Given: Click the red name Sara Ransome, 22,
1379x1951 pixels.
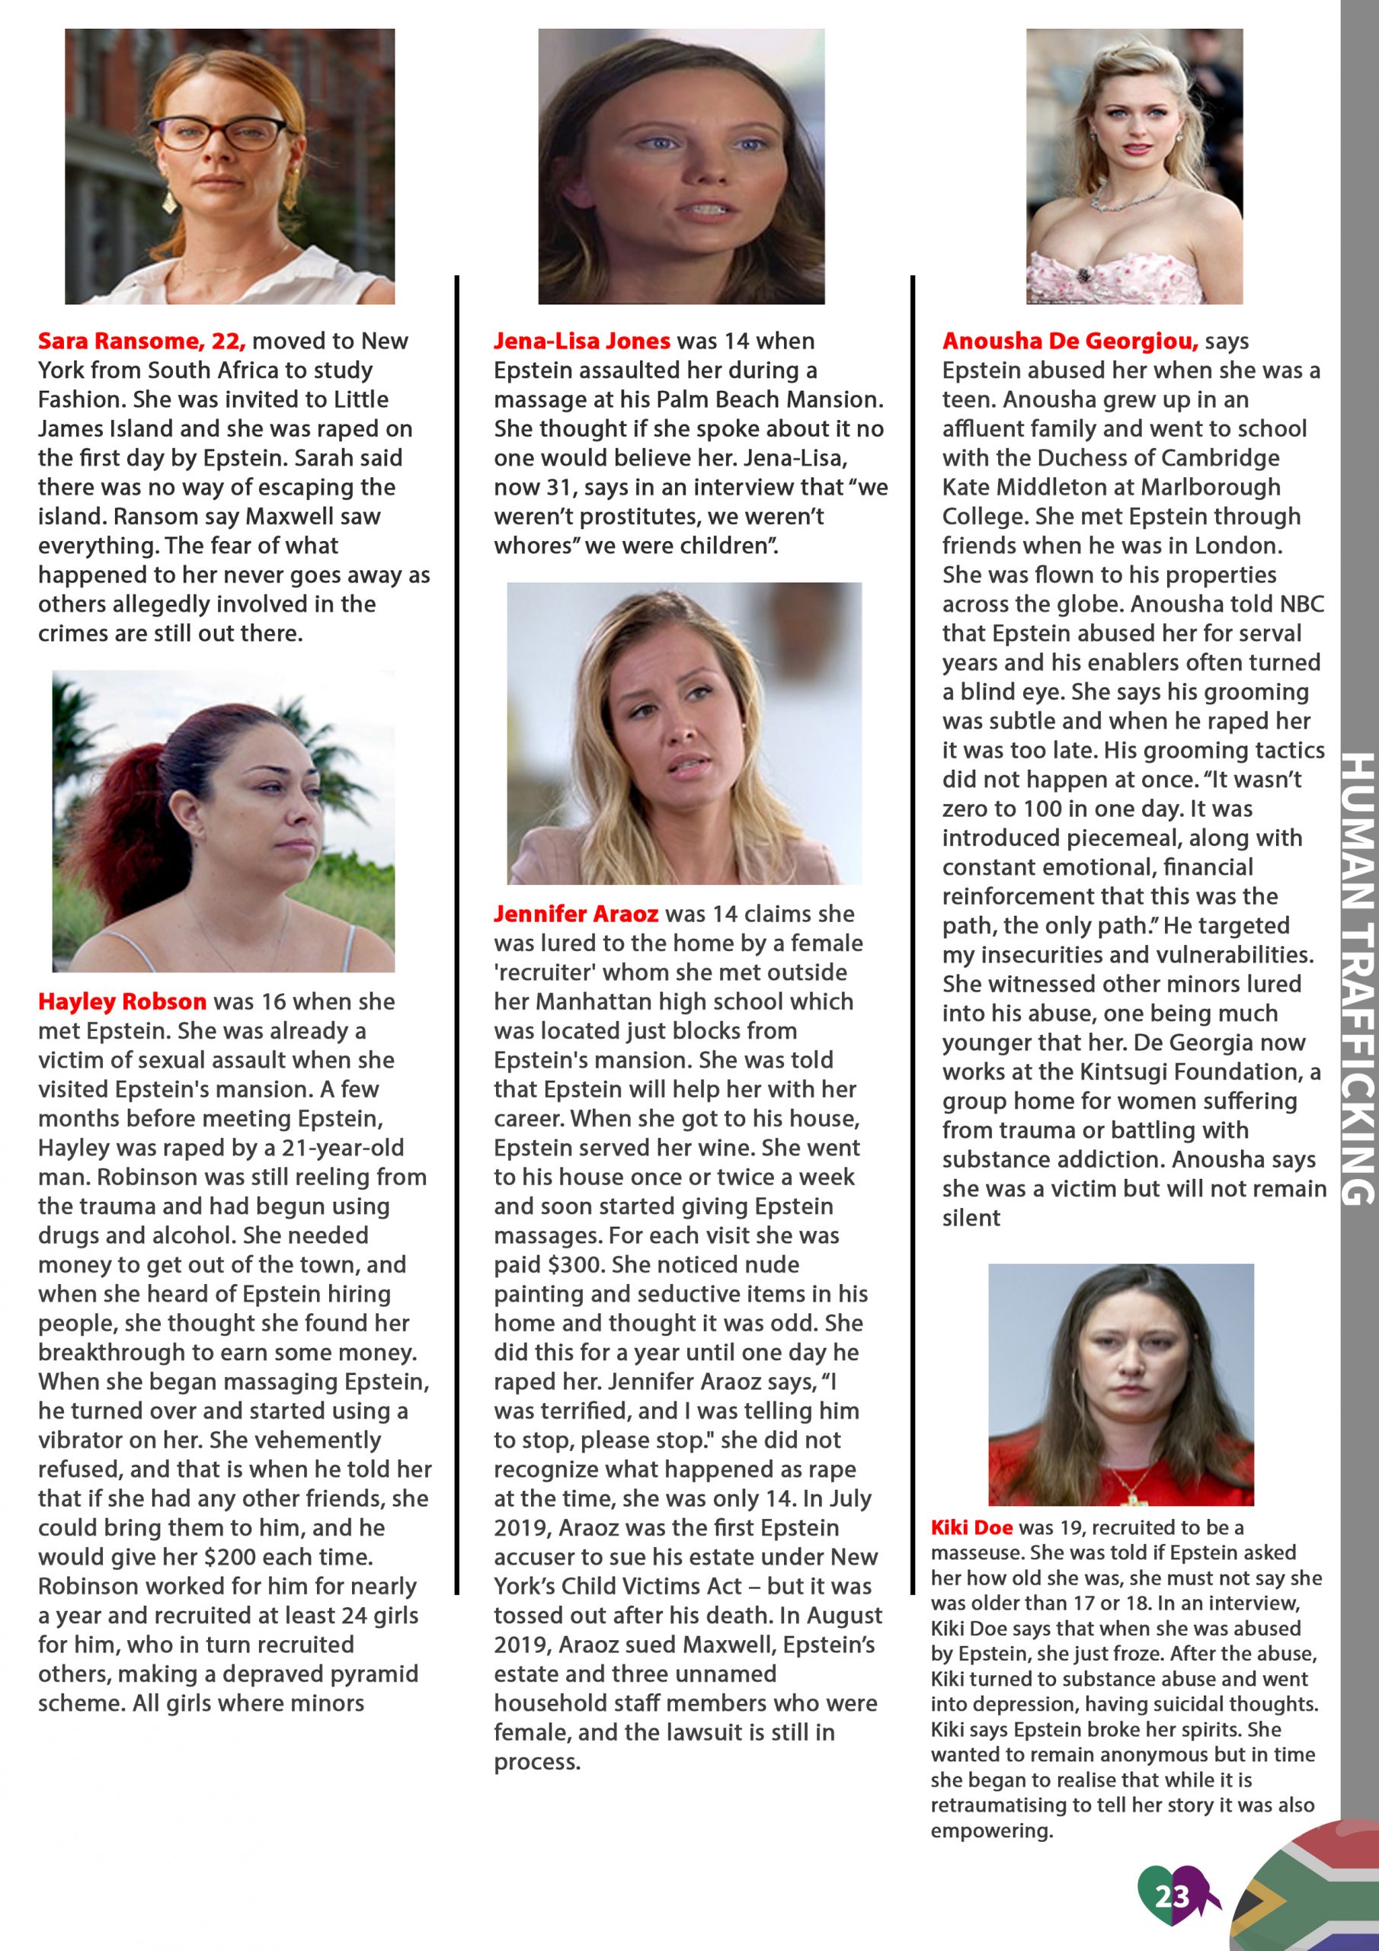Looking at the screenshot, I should tap(142, 341).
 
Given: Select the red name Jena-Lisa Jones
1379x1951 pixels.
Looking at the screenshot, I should tap(582, 341).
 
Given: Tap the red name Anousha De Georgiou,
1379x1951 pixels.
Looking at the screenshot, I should tap(1070, 341).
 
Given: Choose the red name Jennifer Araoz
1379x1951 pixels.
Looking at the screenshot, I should tap(576, 914).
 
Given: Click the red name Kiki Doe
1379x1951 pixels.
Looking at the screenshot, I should tap(971, 1527).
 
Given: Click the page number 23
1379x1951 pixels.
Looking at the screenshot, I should tap(1172, 1896).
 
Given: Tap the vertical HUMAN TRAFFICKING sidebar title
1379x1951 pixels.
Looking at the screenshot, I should tap(1357, 977).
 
